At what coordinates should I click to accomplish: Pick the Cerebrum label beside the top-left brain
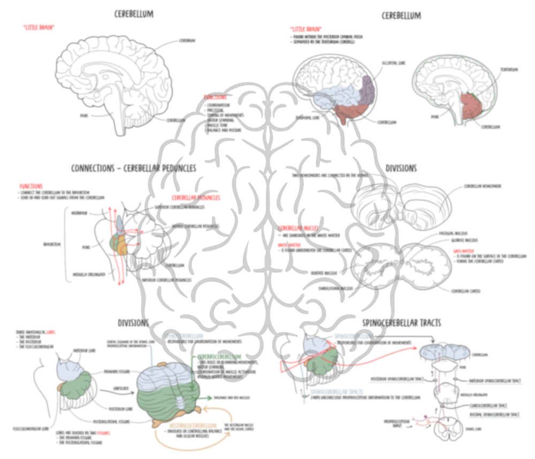(x=186, y=40)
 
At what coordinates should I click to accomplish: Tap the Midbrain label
(x=79, y=213)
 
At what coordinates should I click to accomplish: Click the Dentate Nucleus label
(x=324, y=273)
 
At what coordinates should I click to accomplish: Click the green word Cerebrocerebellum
(x=219, y=356)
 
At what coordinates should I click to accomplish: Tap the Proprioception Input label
(x=396, y=423)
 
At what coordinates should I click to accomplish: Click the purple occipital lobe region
(x=368, y=91)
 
